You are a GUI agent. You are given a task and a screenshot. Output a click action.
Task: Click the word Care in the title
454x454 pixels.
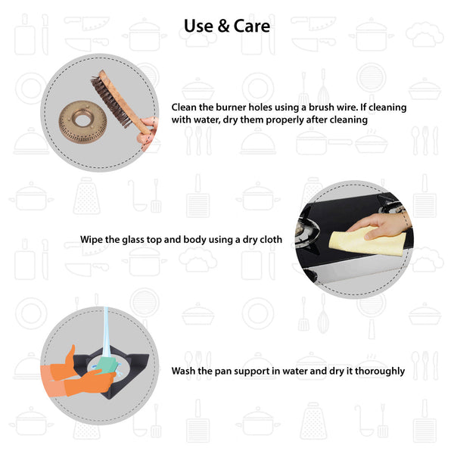pyautogui.click(x=252, y=26)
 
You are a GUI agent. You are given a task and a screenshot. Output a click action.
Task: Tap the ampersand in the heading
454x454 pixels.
pyautogui.click(x=223, y=26)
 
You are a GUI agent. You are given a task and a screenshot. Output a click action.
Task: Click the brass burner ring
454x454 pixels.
pyautogui.click(x=82, y=122)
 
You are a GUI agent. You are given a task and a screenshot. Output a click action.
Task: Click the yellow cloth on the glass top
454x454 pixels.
pyautogui.click(x=367, y=241)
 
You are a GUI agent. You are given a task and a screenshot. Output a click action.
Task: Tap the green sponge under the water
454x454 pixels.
pyautogui.click(x=106, y=366)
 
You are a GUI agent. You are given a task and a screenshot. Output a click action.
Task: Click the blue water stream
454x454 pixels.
pyautogui.click(x=106, y=333)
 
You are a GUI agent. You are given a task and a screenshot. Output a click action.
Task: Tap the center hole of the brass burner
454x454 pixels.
pyautogui.click(x=82, y=119)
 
